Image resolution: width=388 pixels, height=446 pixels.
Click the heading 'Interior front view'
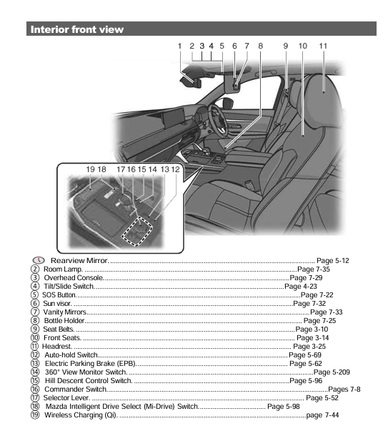click(x=76, y=29)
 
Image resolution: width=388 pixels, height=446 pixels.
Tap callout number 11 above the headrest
click(x=323, y=45)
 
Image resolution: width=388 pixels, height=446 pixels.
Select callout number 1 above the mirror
click(x=181, y=45)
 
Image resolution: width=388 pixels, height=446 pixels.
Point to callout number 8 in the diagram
click(x=260, y=45)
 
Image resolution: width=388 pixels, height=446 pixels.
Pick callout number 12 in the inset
click(x=176, y=169)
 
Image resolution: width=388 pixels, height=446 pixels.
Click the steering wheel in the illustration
click(x=215, y=118)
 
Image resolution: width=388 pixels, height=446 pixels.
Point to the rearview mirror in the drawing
click(x=191, y=80)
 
